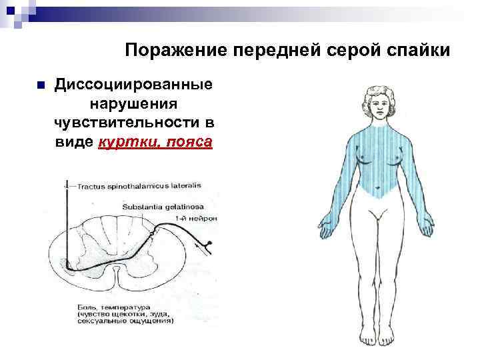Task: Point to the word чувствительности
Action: (125, 124)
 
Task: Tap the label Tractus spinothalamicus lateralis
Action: (139, 186)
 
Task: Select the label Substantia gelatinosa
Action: (163, 207)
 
